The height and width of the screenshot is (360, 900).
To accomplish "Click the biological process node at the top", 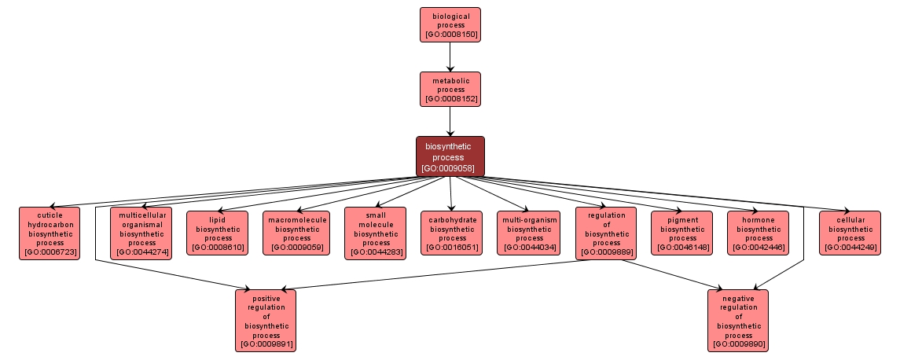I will [x=450, y=24].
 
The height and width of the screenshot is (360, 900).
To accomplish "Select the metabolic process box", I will [x=450, y=89].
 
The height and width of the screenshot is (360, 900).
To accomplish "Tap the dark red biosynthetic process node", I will [x=450, y=156].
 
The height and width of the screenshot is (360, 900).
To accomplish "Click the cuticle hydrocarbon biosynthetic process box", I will [x=49, y=233].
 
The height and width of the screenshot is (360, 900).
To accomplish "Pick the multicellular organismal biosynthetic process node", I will [x=141, y=233].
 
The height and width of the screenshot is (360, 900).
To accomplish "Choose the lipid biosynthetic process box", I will [x=218, y=233].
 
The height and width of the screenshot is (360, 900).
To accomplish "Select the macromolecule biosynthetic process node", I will [x=296, y=233].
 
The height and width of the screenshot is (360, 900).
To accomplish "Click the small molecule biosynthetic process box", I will [x=376, y=233].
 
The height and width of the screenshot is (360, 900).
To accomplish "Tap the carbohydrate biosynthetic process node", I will [x=452, y=233].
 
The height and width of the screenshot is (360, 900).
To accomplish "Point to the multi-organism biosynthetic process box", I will [x=529, y=233].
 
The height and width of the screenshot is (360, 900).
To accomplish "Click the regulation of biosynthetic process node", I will [x=606, y=233].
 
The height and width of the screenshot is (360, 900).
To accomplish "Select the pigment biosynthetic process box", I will [x=682, y=233].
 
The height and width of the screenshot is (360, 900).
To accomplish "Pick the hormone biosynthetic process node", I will [x=759, y=233].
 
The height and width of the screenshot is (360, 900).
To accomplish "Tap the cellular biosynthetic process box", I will [x=850, y=233].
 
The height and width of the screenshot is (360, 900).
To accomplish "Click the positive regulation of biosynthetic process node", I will [x=266, y=320].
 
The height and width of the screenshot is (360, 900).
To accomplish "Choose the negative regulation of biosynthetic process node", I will [x=738, y=320].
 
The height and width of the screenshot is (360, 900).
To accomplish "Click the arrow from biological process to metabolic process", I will [x=450, y=57].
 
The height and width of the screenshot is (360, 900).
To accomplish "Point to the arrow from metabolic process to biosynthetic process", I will [x=450, y=121].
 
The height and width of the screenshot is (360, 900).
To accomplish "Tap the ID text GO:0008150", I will [x=450, y=35].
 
